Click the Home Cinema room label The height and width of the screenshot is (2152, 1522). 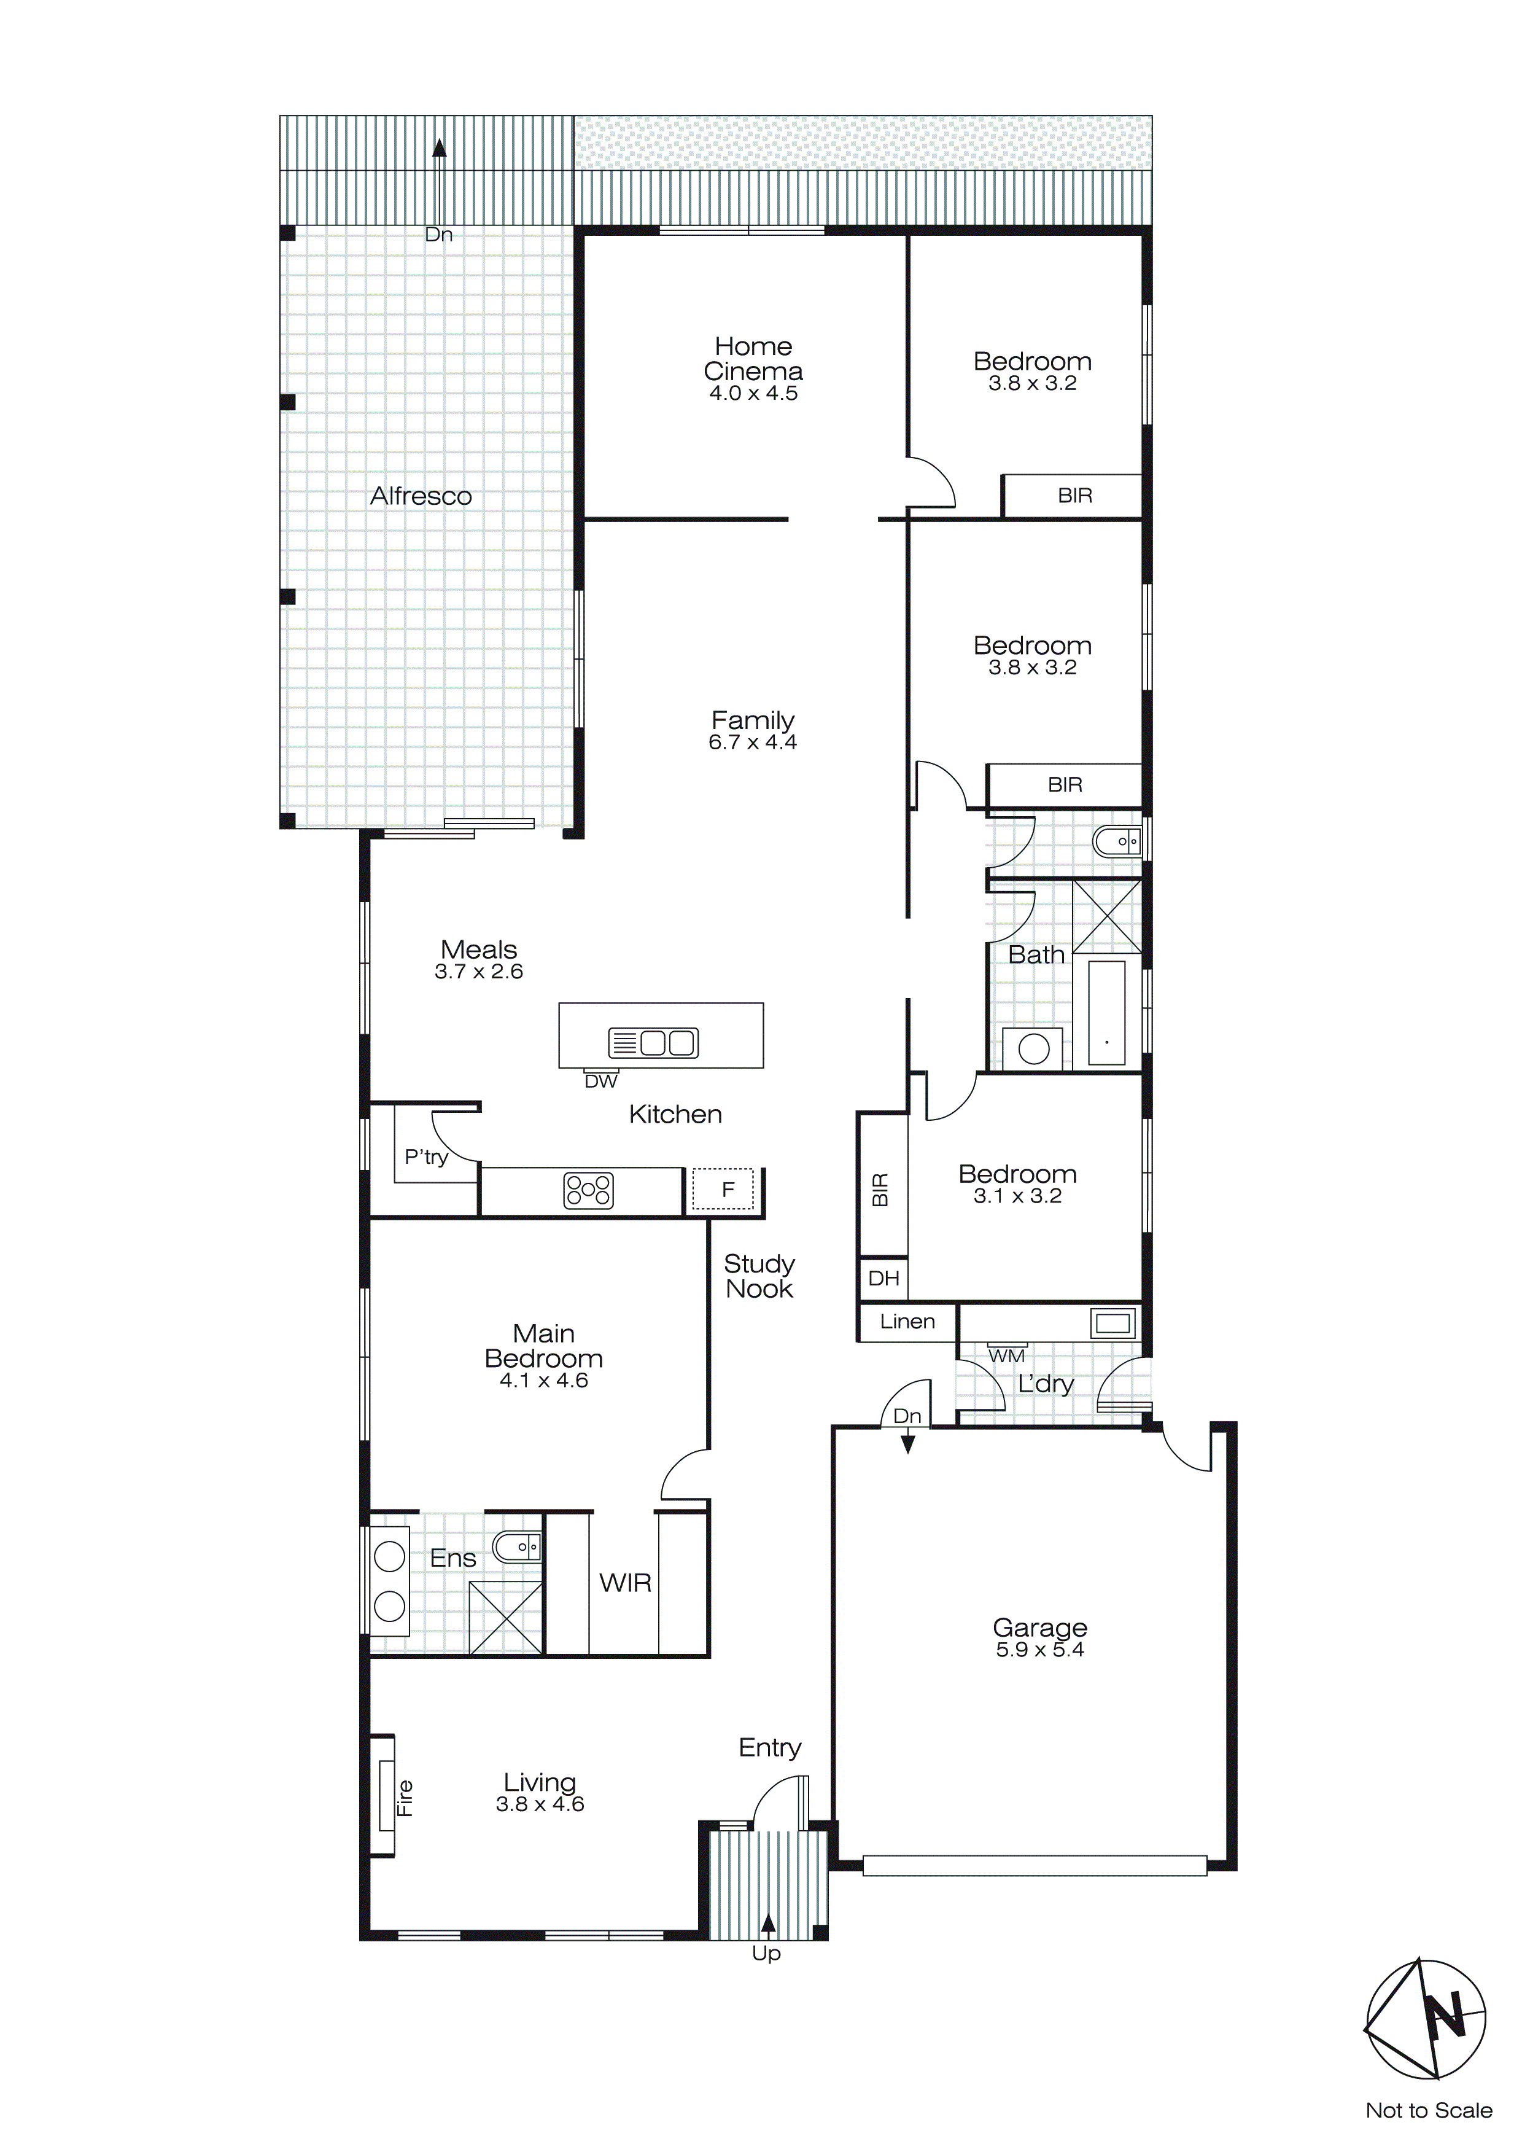[x=753, y=359]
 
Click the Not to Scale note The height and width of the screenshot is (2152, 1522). [x=1428, y=2111]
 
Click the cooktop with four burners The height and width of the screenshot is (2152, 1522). [x=588, y=1190]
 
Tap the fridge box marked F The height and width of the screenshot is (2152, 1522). [x=723, y=1190]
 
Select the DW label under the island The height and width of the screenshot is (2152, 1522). [x=600, y=1081]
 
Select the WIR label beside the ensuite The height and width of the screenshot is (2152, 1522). [x=625, y=1583]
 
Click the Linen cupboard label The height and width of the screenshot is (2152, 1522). [x=907, y=1322]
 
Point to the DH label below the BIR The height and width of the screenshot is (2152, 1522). [x=883, y=1279]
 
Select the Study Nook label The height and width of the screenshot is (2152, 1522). [x=759, y=1277]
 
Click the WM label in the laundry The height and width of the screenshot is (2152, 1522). [x=1006, y=1355]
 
